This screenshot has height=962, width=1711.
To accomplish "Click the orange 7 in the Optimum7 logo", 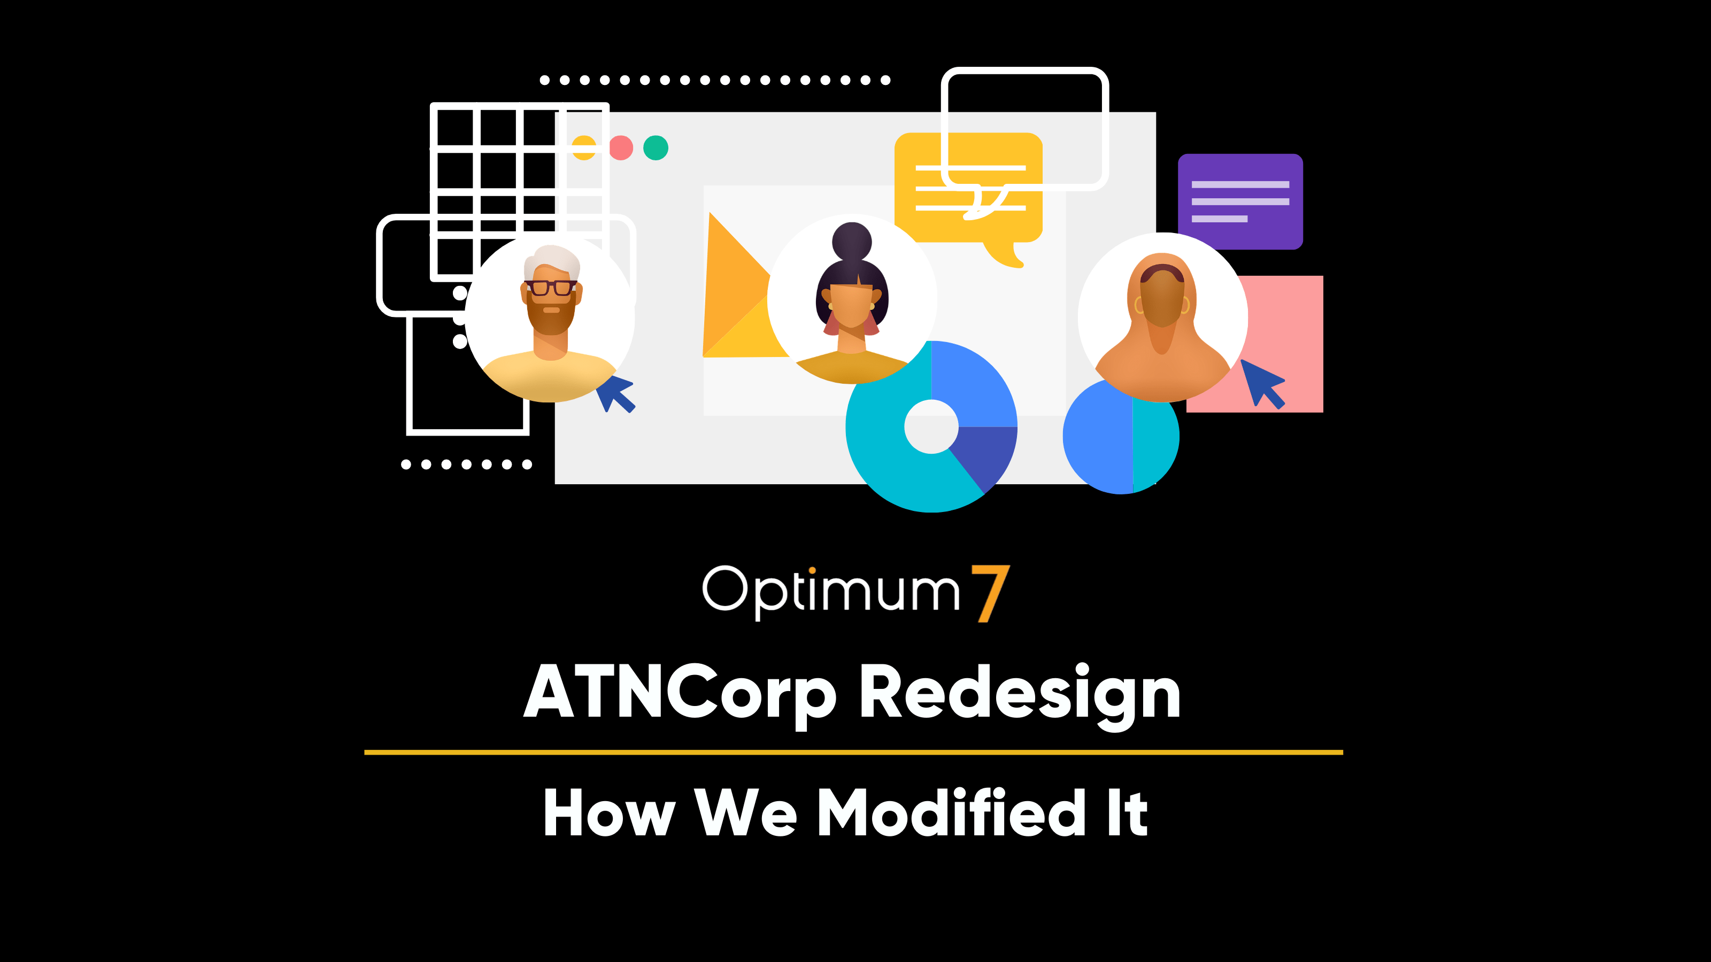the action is [x=990, y=593].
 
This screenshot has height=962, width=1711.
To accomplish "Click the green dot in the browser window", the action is [x=656, y=148].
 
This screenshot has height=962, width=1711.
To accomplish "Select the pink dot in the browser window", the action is [x=621, y=148].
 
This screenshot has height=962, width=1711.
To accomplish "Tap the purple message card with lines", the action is [x=1240, y=201].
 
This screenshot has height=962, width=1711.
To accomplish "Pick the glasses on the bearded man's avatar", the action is [x=551, y=288].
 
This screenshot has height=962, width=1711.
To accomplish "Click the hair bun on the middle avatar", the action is [x=852, y=241].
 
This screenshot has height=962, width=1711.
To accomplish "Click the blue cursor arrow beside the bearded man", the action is [x=616, y=393].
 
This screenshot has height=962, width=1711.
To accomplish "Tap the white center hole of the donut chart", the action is [x=931, y=427].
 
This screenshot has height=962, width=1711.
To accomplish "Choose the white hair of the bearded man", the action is [x=551, y=261].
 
